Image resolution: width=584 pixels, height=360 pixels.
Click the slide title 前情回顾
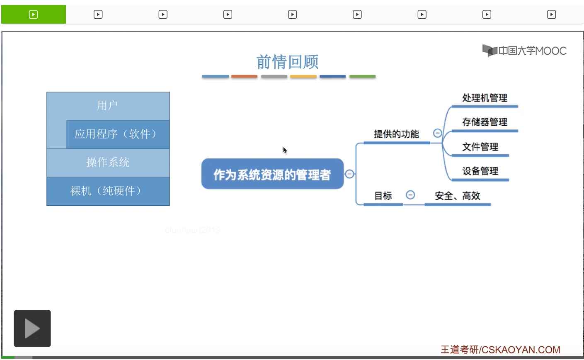287,62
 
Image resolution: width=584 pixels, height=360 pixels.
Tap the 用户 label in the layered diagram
107,106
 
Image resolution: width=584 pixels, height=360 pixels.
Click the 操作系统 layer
108,162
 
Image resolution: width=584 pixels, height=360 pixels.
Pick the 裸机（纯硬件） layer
108,191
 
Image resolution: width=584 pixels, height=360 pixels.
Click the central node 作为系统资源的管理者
272,174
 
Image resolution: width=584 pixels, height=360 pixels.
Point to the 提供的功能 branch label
396,134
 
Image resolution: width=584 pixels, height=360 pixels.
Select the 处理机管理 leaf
485,98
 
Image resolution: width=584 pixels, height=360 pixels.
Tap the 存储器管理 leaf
485,122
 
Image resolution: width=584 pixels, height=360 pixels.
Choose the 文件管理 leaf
480,146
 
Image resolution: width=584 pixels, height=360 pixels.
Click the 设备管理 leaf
480,171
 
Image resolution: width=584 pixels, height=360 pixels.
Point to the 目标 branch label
383,196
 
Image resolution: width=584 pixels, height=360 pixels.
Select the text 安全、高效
457,196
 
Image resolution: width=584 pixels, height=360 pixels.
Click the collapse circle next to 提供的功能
437,133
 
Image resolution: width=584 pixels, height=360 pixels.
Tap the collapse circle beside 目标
410,195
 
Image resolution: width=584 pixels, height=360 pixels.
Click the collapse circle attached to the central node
349,174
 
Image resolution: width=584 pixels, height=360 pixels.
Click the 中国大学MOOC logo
524,51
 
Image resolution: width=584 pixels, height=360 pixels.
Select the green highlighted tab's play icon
33,15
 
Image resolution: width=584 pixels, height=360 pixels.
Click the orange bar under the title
244,77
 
